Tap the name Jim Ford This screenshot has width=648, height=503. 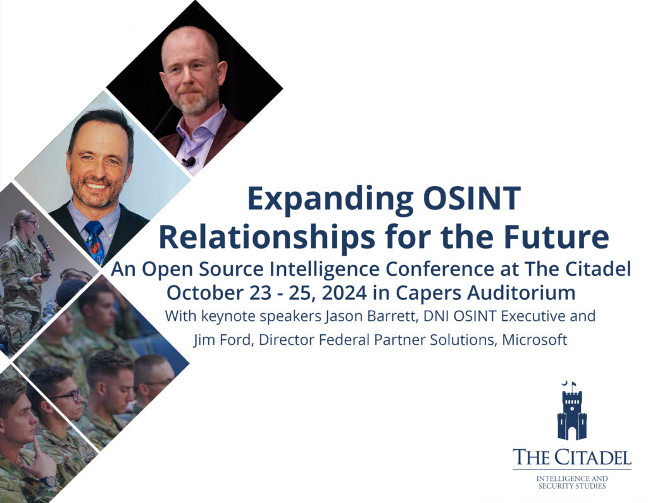[218, 340]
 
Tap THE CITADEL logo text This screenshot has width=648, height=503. [571, 457]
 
